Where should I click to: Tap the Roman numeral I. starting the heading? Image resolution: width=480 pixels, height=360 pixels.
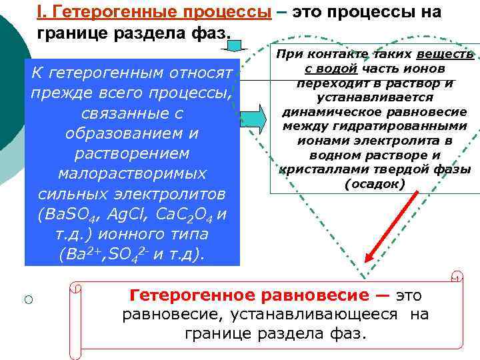[x=41, y=13]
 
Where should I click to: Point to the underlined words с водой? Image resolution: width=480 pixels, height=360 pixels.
[x=328, y=69]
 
